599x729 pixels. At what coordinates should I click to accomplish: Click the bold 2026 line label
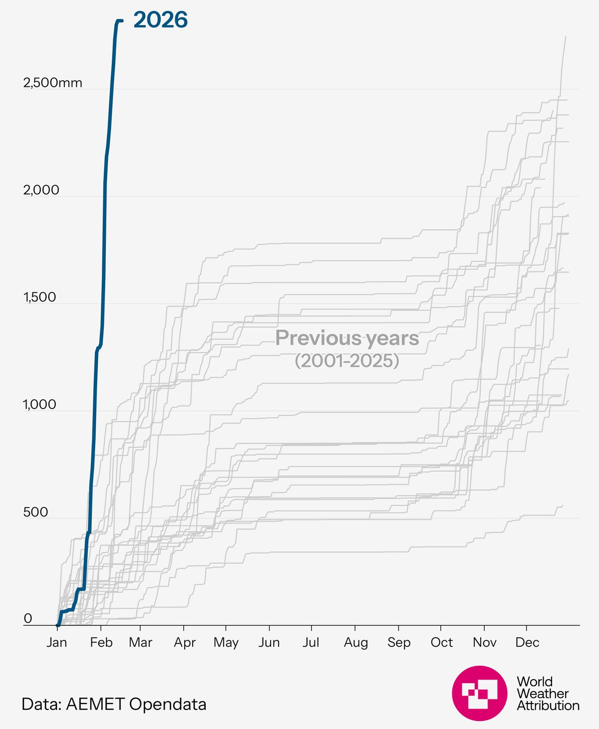pos(160,20)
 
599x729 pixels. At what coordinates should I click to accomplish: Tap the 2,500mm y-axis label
pos(52,83)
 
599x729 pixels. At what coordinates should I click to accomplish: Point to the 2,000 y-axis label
pos(41,190)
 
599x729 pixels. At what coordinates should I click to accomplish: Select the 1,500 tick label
pos(39,297)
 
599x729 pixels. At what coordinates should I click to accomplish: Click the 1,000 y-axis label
pos(39,405)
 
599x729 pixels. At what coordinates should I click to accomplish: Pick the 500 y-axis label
pos(35,512)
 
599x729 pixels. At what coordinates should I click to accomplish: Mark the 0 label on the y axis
pos(28,619)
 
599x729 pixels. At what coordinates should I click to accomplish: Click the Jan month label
pos(57,642)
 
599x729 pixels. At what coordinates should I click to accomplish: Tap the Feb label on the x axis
pos(101,642)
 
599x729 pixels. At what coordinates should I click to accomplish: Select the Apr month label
pos(184,642)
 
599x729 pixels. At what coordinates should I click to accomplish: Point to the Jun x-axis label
pos(269,642)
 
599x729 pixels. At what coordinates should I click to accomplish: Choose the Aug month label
pos(355,642)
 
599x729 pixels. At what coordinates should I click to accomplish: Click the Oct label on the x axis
pos(441,642)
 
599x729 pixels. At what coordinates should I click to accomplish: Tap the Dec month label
pos(527,642)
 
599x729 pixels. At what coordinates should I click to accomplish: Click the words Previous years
pos(347,338)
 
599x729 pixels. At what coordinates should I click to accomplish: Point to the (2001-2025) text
pos(347,360)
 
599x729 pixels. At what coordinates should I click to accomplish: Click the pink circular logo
pos(479,693)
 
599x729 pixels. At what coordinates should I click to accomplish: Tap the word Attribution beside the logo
pos(548,706)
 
